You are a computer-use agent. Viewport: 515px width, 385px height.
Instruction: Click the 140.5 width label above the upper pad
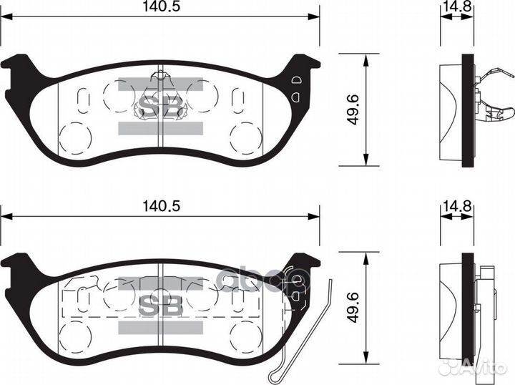159,6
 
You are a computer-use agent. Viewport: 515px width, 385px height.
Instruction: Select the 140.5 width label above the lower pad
159,205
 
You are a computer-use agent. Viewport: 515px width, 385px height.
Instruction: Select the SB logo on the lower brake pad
160,306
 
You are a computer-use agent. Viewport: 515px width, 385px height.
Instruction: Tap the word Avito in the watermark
486,367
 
